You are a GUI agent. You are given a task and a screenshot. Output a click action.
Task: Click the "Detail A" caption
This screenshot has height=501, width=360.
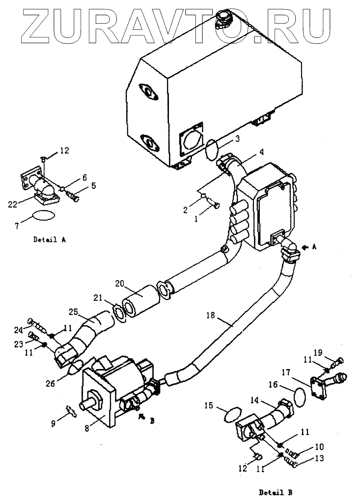(50, 239)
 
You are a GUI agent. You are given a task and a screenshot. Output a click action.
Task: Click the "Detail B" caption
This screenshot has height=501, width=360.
(276, 492)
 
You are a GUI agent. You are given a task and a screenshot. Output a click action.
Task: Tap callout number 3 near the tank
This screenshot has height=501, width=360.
(237, 139)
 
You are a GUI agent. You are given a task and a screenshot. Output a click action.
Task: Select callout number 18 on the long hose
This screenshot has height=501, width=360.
(211, 316)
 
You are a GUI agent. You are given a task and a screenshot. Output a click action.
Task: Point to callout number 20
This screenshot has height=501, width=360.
(120, 284)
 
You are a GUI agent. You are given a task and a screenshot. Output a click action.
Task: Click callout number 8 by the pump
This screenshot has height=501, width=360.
(87, 429)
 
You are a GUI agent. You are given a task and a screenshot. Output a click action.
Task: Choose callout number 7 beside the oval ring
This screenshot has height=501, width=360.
(17, 226)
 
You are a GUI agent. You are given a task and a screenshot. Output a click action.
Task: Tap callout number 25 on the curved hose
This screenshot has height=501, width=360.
(74, 311)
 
